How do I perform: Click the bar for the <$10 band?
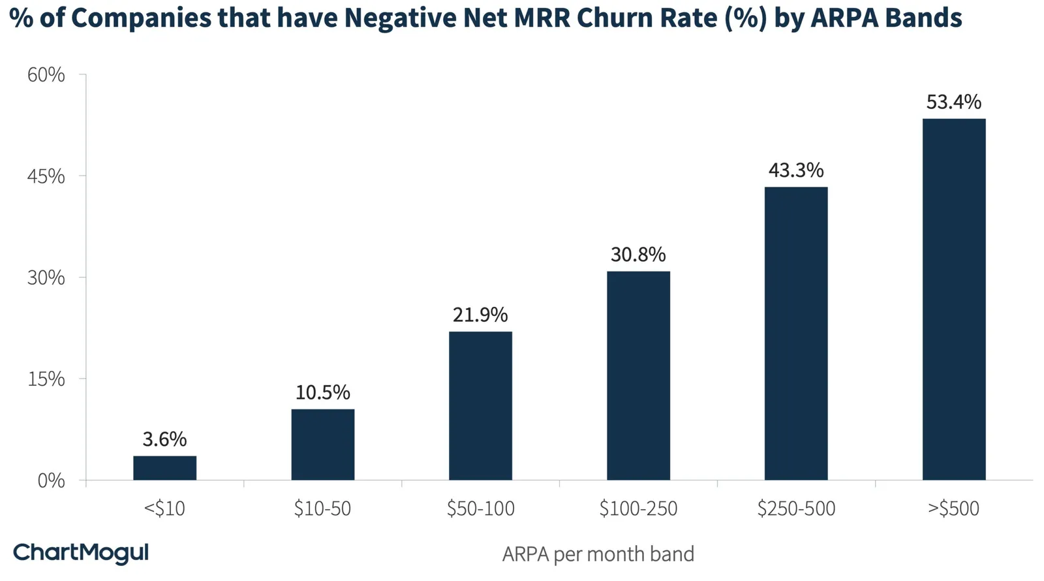point(164,467)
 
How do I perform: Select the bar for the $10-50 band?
point(322,445)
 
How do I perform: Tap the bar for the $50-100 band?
point(480,405)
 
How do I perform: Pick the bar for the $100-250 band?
point(639,375)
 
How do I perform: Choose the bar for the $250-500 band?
point(796,334)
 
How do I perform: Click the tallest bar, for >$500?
point(954,300)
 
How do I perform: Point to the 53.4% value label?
point(953,102)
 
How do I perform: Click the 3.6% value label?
point(164,439)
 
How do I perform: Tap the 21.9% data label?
point(480,315)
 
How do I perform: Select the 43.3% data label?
point(796,170)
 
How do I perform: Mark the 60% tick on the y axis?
point(46,74)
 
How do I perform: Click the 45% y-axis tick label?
point(46,176)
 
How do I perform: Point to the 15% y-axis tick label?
point(46,379)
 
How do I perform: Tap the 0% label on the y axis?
point(52,480)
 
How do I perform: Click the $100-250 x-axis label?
point(638,509)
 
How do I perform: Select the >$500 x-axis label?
point(953,509)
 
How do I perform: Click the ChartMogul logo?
point(81,554)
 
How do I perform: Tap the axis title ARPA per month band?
point(598,554)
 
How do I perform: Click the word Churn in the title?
point(608,18)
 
